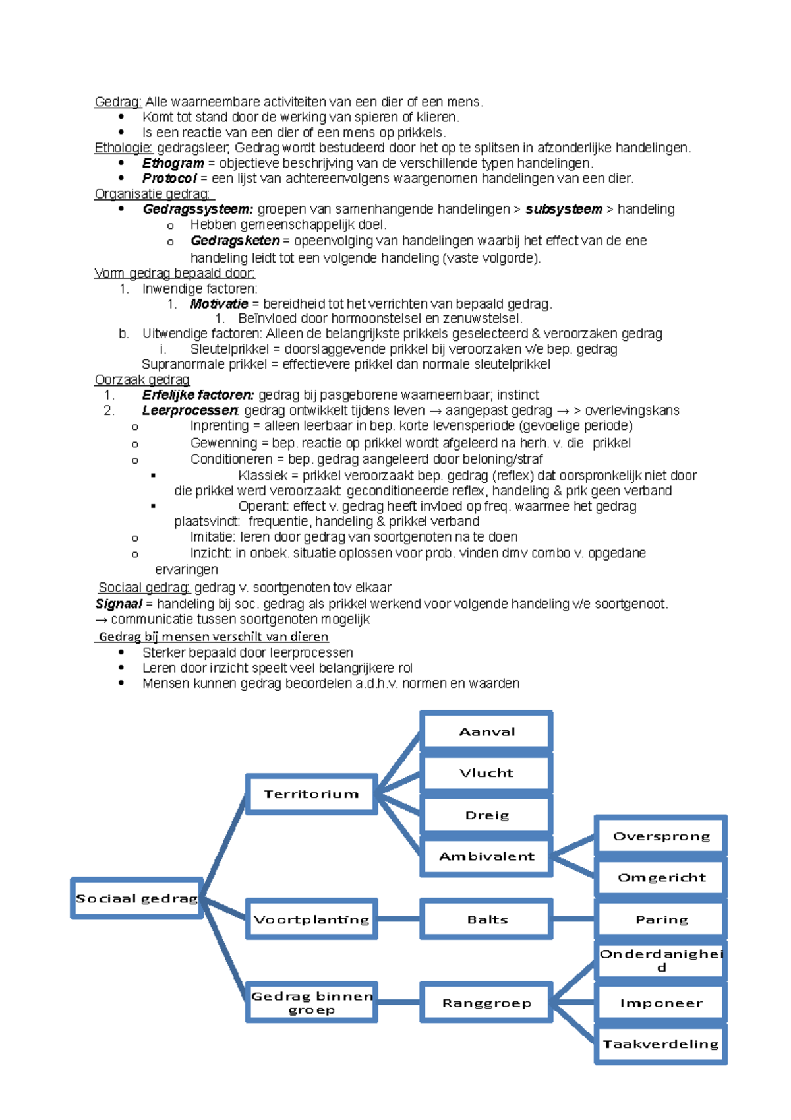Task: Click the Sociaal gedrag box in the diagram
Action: (x=136, y=898)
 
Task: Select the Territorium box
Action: (x=311, y=794)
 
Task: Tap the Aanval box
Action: (x=486, y=731)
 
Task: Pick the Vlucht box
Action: (x=486, y=773)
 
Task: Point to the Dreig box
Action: (x=486, y=815)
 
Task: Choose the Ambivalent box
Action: (x=486, y=856)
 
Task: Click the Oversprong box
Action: (x=661, y=836)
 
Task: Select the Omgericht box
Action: (x=661, y=877)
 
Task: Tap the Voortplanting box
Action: (x=311, y=919)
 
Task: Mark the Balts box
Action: (x=486, y=919)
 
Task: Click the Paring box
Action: (x=661, y=919)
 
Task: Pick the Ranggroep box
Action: (x=486, y=1003)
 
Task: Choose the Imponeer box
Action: (x=661, y=1003)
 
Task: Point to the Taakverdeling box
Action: (x=661, y=1044)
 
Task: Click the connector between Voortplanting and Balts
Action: (x=399, y=919)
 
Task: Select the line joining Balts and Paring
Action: (x=573, y=919)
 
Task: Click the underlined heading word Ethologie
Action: (x=123, y=148)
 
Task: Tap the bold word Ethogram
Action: (x=173, y=163)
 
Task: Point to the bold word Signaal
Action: (x=119, y=604)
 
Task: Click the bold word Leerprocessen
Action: (x=190, y=410)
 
